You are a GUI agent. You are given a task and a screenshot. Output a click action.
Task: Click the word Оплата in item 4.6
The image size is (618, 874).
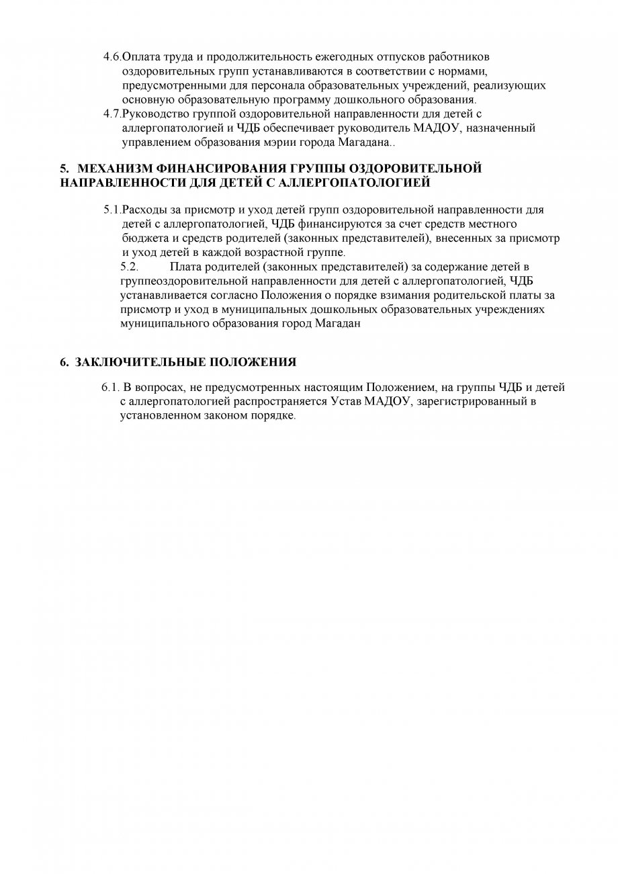pos(140,58)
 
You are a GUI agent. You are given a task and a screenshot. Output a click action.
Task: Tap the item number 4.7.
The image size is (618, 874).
pos(112,114)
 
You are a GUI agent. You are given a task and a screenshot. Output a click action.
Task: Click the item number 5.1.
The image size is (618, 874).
pos(112,210)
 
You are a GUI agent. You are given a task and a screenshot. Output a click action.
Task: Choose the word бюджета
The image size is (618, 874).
pos(141,238)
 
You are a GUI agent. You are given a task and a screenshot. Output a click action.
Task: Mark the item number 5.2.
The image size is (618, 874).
pos(129,267)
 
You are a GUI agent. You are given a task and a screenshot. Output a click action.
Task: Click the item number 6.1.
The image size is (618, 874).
pos(110,388)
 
